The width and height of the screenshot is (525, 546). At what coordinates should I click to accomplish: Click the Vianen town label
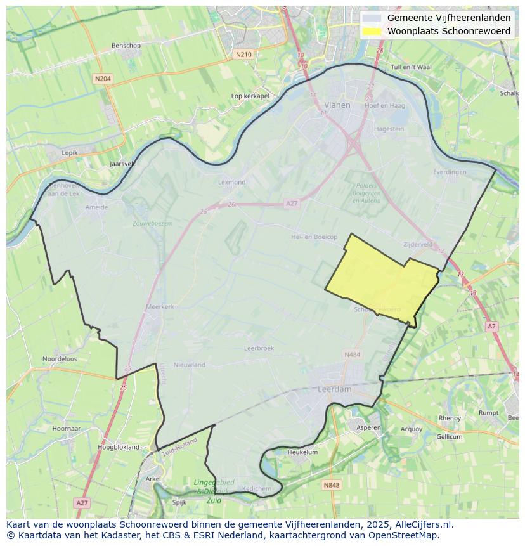[x=337, y=105]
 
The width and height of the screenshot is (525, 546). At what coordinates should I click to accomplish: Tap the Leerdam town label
[x=334, y=389]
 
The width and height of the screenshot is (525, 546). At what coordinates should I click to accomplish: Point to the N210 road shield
[x=243, y=55]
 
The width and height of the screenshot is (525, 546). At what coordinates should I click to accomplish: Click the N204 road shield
[x=102, y=79]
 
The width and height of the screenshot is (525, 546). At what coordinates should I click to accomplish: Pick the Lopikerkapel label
[x=250, y=96]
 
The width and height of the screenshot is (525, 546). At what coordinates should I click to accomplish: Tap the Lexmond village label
[x=231, y=182]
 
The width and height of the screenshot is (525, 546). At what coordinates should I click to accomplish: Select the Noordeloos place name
[x=60, y=358]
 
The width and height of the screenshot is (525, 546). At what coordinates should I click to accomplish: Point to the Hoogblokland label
[x=119, y=447]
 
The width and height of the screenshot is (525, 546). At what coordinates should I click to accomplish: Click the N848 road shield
[x=331, y=485]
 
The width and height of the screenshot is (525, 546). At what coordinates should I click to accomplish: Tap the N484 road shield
[x=352, y=354]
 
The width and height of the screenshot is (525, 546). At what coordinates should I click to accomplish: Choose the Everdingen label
[x=450, y=172]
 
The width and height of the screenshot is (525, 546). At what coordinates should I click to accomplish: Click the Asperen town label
[x=368, y=427]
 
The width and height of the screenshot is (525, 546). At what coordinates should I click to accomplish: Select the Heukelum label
[x=302, y=452]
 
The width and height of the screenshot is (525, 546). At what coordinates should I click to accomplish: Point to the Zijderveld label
[x=418, y=244]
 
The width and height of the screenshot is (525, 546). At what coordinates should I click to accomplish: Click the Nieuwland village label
[x=190, y=365]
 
